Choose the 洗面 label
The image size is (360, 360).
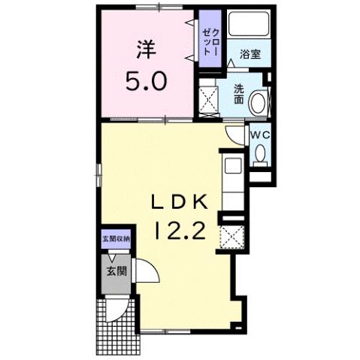pyautogui.click(x=238, y=94)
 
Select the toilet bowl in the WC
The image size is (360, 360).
pyautogui.click(x=260, y=153)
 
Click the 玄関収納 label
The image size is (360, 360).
pyautogui.click(x=116, y=239)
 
